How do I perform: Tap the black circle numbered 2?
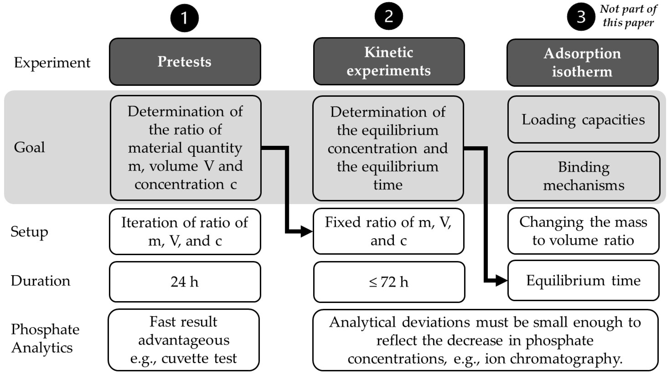click(389, 16)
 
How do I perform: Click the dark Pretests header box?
click(185, 62)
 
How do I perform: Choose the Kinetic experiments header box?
click(389, 61)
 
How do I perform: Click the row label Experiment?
click(52, 63)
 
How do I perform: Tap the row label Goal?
click(29, 147)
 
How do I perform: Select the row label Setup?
click(29, 232)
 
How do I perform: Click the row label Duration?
click(41, 281)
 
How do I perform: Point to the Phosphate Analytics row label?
click(45, 338)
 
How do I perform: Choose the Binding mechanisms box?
click(584, 176)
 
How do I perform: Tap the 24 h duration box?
click(185, 282)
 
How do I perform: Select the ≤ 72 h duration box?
click(389, 282)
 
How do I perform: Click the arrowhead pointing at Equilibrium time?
click(501, 281)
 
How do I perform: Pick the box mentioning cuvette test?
click(184, 340)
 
